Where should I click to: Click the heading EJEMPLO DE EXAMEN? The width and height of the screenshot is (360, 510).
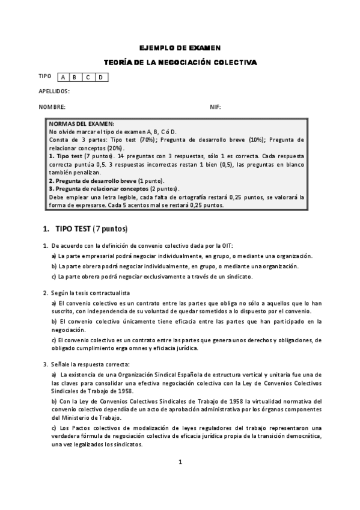pyautogui.click(x=180, y=48)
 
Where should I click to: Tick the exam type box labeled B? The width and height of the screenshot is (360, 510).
pyautogui.click(x=75, y=77)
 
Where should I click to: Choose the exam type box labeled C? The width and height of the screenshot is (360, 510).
pyautogui.click(x=88, y=77)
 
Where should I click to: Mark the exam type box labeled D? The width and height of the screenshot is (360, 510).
pyautogui.click(x=101, y=77)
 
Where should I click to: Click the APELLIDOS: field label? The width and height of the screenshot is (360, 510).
pyautogui.click(x=54, y=91)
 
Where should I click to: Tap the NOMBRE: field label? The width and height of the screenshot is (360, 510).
pyautogui.click(x=52, y=106)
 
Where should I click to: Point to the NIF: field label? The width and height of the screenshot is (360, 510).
pyautogui.click(x=215, y=106)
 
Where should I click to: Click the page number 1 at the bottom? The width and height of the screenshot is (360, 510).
pyautogui.click(x=180, y=462)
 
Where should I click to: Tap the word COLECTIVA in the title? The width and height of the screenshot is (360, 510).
pyautogui.click(x=236, y=62)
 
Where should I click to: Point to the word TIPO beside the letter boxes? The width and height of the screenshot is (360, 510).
pyautogui.click(x=45, y=76)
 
